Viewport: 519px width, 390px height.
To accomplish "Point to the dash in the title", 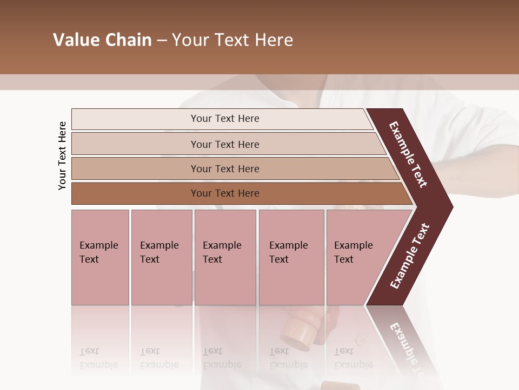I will [x=162, y=41].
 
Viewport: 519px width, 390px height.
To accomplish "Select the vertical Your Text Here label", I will [x=62, y=155].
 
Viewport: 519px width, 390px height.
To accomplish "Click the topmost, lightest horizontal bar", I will [x=224, y=119].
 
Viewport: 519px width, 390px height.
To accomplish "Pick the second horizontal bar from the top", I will [x=224, y=144].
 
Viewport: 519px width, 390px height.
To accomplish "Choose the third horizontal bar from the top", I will [x=224, y=168].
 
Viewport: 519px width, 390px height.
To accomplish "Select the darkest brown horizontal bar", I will [x=224, y=193].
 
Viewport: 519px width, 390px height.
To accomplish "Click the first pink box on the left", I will [x=100, y=257].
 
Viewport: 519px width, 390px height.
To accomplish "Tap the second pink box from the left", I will [x=161, y=257].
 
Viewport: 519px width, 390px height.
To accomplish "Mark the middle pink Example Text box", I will [x=225, y=257].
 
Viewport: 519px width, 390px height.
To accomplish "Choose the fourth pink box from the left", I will [x=291, y=257].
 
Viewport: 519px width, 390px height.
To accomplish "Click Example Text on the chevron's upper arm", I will [x=409, y=155].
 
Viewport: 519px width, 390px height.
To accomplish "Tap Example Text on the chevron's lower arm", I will [x=410, y=256].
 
